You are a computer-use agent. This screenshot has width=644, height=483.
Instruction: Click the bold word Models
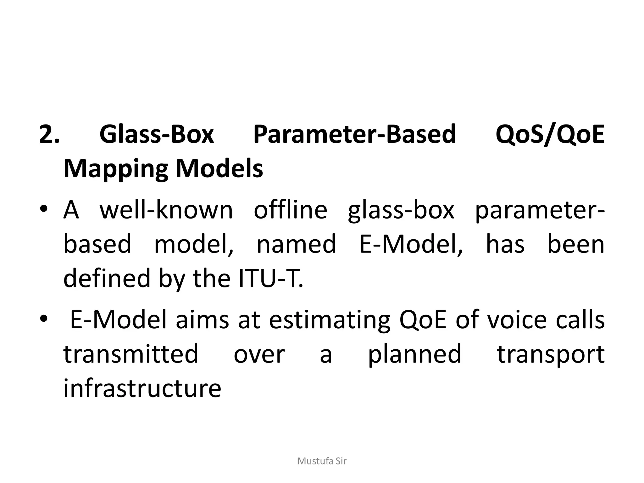pos(219,169)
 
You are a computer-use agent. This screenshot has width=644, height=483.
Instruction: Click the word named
pos(296,244)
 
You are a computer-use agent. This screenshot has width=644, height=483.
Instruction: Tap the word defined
pos(107,278)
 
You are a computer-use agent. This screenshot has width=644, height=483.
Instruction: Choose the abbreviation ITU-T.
pos(271,278)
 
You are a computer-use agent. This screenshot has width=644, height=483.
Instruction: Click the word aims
pos(203,320)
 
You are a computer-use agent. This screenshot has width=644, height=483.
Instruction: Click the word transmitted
pos(131,354)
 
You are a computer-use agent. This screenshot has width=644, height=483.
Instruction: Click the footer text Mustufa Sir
pos(322,461)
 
